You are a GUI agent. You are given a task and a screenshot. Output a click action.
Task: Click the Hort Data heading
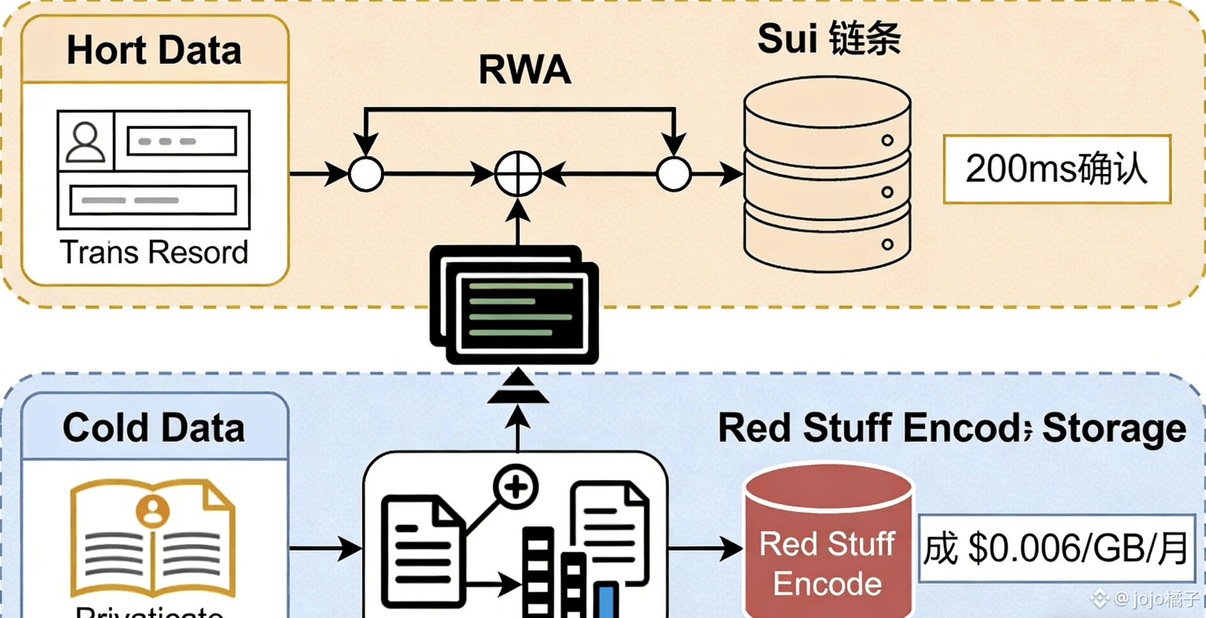[x=154, y=51]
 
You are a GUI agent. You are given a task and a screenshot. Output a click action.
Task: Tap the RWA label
[x=524, y=70]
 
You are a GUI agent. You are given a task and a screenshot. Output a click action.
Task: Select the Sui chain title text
[x=829, y=39]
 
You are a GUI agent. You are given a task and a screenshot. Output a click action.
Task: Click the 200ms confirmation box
[x=1056, y=169]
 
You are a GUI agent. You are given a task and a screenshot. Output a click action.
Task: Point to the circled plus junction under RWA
[x=518, y=174]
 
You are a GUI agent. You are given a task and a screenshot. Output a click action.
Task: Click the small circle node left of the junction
[x=366, y=174]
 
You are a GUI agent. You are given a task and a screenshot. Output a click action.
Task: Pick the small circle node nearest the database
[x=674, y=174]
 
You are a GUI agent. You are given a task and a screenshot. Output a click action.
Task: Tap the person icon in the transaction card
[x=86, y=141]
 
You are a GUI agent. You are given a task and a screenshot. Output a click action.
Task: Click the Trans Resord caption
[x=154, y=252]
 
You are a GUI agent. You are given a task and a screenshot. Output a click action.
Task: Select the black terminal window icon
[x=515, y=306]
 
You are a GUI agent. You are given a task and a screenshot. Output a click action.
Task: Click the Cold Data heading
[x=154, y=428]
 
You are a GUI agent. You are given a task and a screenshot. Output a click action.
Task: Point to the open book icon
[x=153, y=537]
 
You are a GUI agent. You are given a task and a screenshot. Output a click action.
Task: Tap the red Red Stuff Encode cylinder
[x=827, y=545]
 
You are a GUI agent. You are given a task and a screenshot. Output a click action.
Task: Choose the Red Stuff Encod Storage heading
[x=951, y=428]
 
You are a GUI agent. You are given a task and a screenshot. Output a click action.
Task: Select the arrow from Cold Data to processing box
[x=326, y=549]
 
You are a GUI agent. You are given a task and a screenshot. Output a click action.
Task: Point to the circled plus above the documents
[x=515, y=487]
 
